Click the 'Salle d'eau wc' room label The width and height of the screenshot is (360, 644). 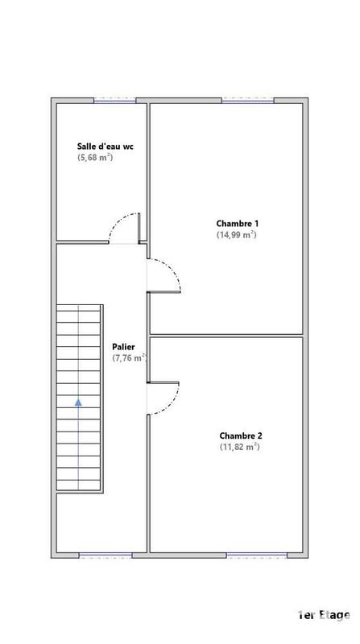point(105,147)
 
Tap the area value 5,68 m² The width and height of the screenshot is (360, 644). point(95,159)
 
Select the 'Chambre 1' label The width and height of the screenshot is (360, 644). point(237,223)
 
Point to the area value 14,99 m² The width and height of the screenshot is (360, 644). point(236,235)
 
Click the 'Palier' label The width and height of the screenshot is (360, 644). point(123,347)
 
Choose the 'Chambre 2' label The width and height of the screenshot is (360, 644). point(239,436)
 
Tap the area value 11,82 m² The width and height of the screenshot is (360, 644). point(239,447)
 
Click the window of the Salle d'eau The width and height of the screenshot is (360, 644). point(113,100)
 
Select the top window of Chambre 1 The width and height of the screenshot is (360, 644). point(247,100)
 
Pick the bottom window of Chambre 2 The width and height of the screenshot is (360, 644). point(256,555)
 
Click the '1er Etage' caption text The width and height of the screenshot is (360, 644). point(323,616)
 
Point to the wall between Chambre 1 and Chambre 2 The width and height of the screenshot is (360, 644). point(226,334)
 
